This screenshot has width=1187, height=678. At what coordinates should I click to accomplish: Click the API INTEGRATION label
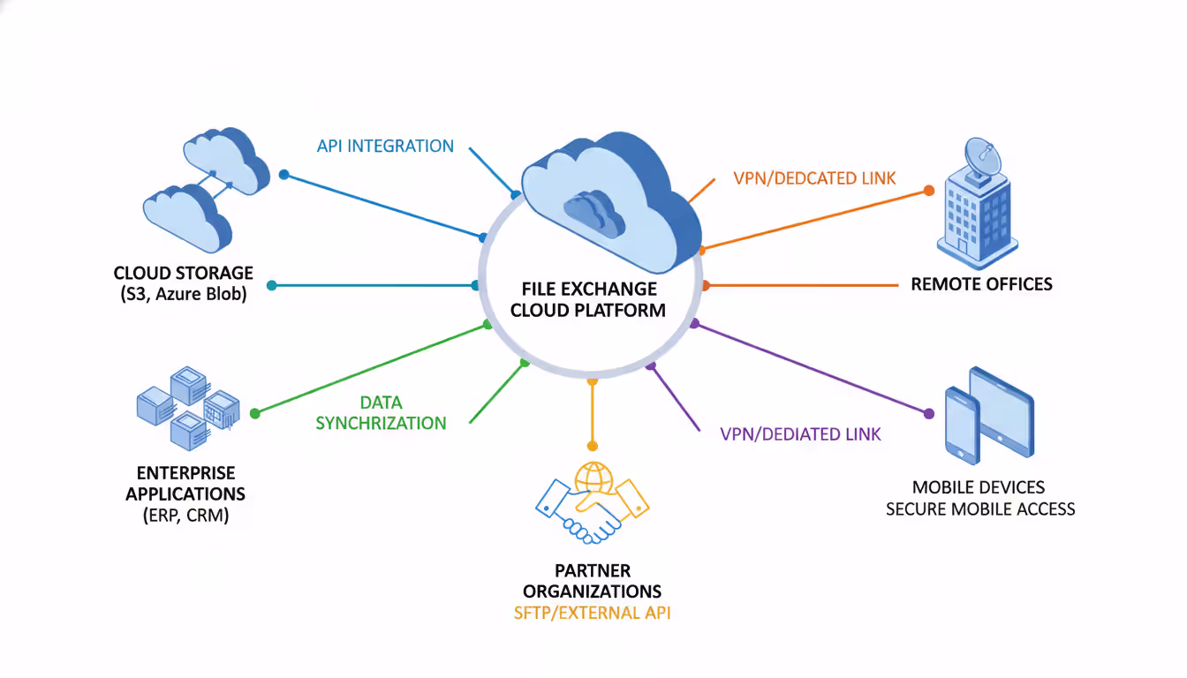[x=385, y=146]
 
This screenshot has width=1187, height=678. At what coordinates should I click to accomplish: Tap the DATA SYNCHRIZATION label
[x=382, y=413]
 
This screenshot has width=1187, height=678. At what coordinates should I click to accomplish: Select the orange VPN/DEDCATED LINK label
[x=814, y=178]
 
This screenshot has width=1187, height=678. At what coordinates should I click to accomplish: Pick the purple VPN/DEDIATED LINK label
[x=800, y=433]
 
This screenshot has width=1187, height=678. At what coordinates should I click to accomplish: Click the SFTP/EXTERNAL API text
[x=592, y=613]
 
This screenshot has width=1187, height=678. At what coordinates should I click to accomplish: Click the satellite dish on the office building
[x=982, y=158]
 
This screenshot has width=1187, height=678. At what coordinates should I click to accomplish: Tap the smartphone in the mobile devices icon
[x=962, y=425]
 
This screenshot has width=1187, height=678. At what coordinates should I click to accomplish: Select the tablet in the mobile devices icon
[x=1002, y=407]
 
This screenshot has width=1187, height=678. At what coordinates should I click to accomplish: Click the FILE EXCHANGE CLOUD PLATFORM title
[x=588, y=299]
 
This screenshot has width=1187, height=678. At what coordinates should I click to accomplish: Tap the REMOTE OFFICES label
[x=981, y=284]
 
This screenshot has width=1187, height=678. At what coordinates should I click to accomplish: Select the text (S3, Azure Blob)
[x=184, y=295]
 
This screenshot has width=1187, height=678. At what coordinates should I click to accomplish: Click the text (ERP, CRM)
[x=185, y=516]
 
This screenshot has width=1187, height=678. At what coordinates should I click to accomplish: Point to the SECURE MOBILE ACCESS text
[x=980, y=508]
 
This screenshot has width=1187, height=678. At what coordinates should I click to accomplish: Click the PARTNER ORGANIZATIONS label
[x=592, y=581]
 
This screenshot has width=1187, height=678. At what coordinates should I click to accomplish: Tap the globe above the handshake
[x=593, y=478]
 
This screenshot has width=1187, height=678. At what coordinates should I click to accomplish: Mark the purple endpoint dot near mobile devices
[x=928, y=413]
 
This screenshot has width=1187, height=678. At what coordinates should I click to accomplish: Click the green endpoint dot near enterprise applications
[x=255, y=413]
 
